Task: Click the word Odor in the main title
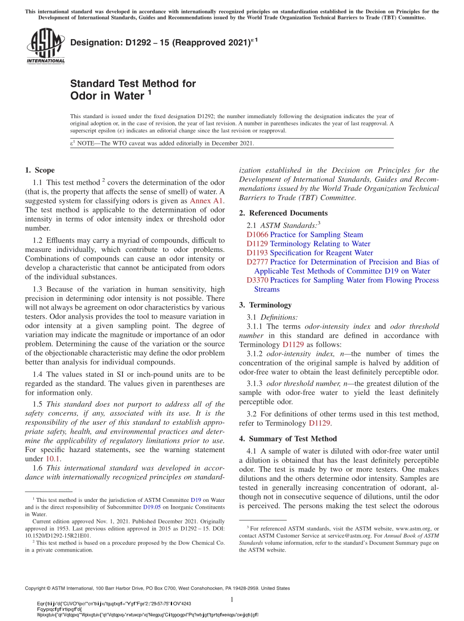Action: (x=84, y=96)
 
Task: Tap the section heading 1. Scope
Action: (x=40, y=170)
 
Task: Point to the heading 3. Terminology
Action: (x=265, y=305)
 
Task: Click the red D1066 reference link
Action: (x=257, y=235)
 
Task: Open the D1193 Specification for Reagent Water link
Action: (x=310, y=253)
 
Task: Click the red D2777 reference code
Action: (x=257, y=262)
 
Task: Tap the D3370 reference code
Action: (x=257, y=280)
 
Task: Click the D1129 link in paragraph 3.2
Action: (x=319, y=423)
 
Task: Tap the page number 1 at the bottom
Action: (x=232, y=600)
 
